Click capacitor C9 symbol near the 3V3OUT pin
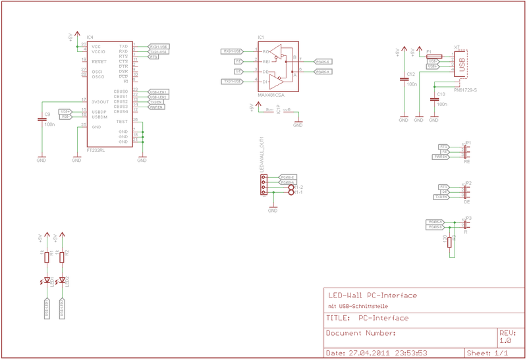coord(41,120)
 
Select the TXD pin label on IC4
coord(123,47)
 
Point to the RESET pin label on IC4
coord(99,62)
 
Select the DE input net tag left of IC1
coord(238,71)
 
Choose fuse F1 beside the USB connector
coord(434,57)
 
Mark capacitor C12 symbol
coord(403,79)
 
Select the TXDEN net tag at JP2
coord(441,197)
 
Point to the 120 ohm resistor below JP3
coord(450,242)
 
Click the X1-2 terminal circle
coord(291,188)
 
